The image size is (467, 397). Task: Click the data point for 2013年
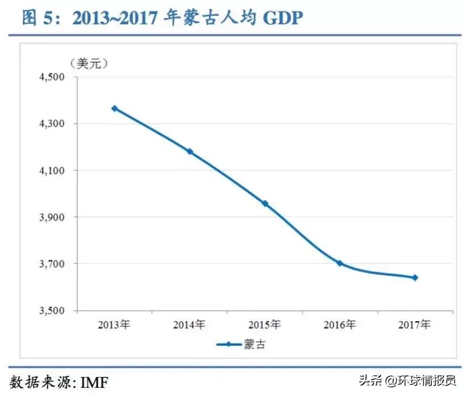pyautogui.click(x=114, y=108)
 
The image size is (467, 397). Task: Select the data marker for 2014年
pyautogui.click(x=190, y=152)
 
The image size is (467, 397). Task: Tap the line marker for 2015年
pyautogui.click(x=264, y=203)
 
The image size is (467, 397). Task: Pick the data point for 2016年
pyautogui.click(x=339, y=263)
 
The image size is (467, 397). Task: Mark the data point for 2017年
pyautogui.click(x=415, y=278)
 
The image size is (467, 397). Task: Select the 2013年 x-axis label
pyautogui.click(x=114, y=325)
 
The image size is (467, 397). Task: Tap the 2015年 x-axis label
pyautogui.click(x=264, y=325)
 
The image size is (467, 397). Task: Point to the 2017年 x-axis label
pyautogui.click(x=415, y=325)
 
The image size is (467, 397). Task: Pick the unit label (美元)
pyautogui.click(x=87, y=63)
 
